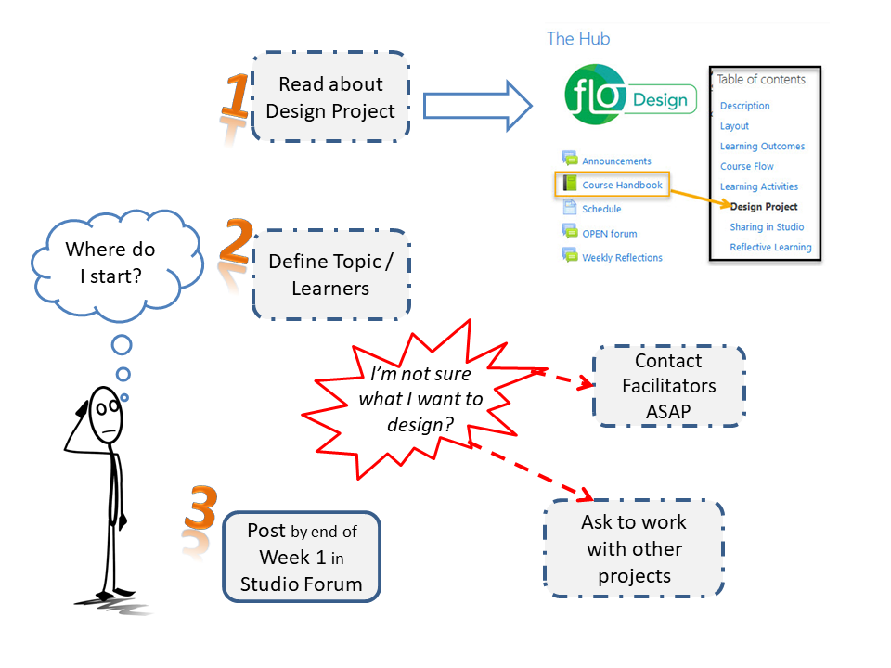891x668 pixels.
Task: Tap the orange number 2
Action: [x=237, y=242]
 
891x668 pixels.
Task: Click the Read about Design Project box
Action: [x=330, y=97]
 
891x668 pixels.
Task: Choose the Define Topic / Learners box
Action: [x=330, y=275]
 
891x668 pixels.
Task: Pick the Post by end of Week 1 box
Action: [x=302, y=557]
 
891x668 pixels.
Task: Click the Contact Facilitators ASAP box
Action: [x=668, y=385]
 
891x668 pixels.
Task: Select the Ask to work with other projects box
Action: [x=633, y=548]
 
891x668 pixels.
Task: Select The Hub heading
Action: [x=577, y=39]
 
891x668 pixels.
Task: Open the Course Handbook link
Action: [x=622, y=185]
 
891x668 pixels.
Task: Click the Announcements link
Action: [x=616, y=161]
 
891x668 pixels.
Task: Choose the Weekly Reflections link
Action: [x=622, y=257]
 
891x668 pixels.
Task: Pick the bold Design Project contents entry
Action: [x=763, y=207]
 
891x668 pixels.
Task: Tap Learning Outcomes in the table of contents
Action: [x=762, y=146]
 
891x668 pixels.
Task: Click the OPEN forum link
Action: [x=609, y=233]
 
